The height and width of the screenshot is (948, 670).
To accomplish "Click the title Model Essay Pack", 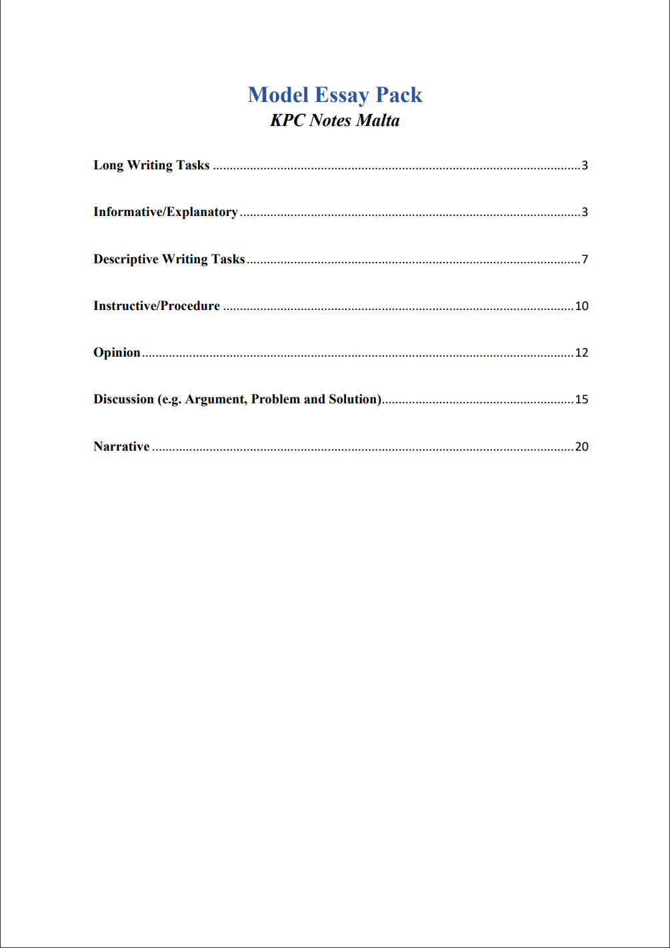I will coord(335,95).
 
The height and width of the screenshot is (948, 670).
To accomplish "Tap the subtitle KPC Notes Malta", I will coord(335,121).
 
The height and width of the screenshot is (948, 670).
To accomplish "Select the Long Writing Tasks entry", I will coord(151,165).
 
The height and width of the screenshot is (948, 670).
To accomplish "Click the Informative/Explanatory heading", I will coord(165,212).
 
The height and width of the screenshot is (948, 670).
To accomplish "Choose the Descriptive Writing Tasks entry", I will coord(169,259).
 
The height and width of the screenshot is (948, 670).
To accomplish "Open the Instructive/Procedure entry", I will coord(157,306).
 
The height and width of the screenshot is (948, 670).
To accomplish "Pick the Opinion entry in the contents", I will coord(117,353).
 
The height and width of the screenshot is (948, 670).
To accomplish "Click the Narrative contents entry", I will coord(121,447).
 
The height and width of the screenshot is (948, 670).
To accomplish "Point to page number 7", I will coord(585,259).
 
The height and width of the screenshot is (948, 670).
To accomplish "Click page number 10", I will coord(581,306).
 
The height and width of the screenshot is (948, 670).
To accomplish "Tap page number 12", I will coord(581,353).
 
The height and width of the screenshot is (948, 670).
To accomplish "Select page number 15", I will coord(581,399).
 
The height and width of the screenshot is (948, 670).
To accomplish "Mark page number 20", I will coord(581,447).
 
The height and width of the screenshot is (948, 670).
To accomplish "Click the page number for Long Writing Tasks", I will coord(585,165).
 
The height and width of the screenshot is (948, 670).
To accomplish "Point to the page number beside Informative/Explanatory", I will coord(585,212).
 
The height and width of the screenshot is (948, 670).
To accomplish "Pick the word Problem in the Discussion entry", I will coord(275,399).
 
